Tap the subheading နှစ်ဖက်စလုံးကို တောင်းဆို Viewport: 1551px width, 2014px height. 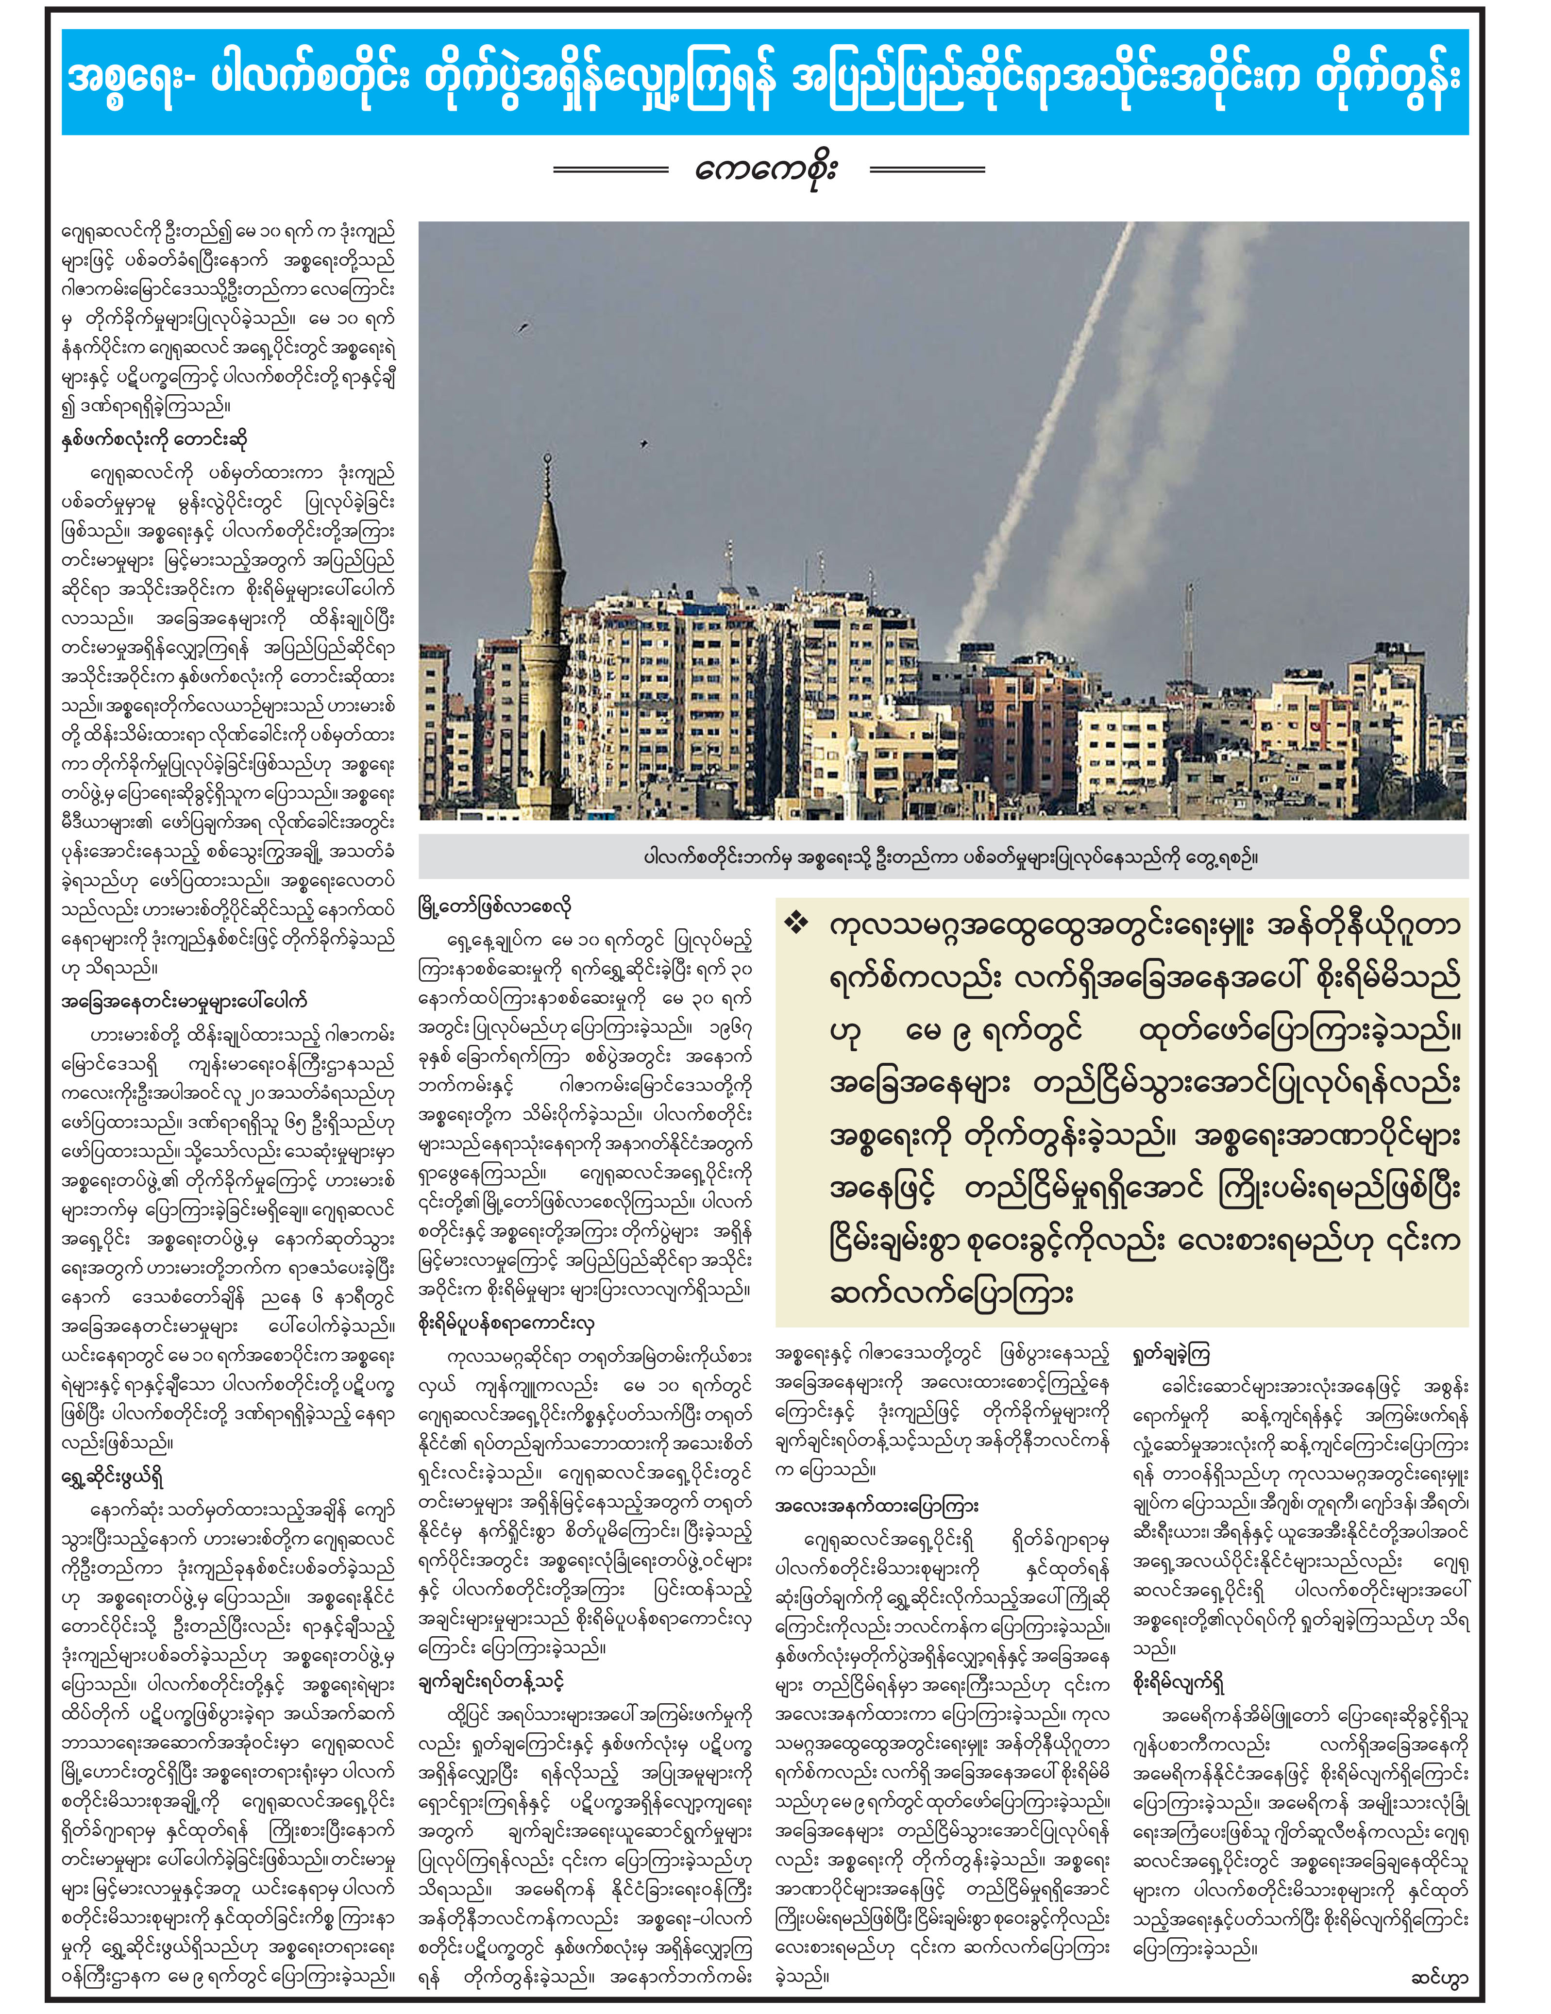(155, 440)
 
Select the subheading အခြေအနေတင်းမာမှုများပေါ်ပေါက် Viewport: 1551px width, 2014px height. (185, 1002)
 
